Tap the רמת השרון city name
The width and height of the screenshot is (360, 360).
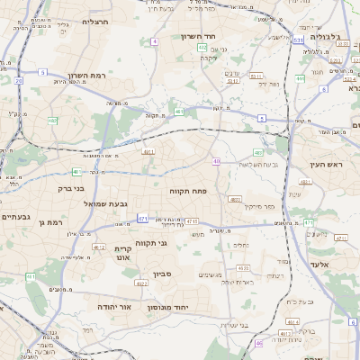(86, 76)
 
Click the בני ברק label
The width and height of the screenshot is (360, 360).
(68, 189)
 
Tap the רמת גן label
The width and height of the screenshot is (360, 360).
(56, 221)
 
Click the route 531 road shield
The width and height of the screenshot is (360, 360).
(298, 40)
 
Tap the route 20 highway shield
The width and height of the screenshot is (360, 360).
(19, 80)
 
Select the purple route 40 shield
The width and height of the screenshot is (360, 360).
(216, 161)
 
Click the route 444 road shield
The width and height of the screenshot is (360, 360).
(300, 78)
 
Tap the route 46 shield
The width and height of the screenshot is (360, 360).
(257, 343)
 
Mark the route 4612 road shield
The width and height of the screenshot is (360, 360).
(99, 246)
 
